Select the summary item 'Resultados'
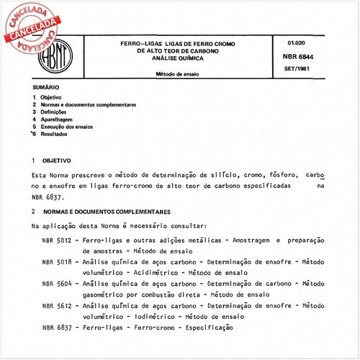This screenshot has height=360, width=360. pyautogui.click(x=54, y=134)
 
